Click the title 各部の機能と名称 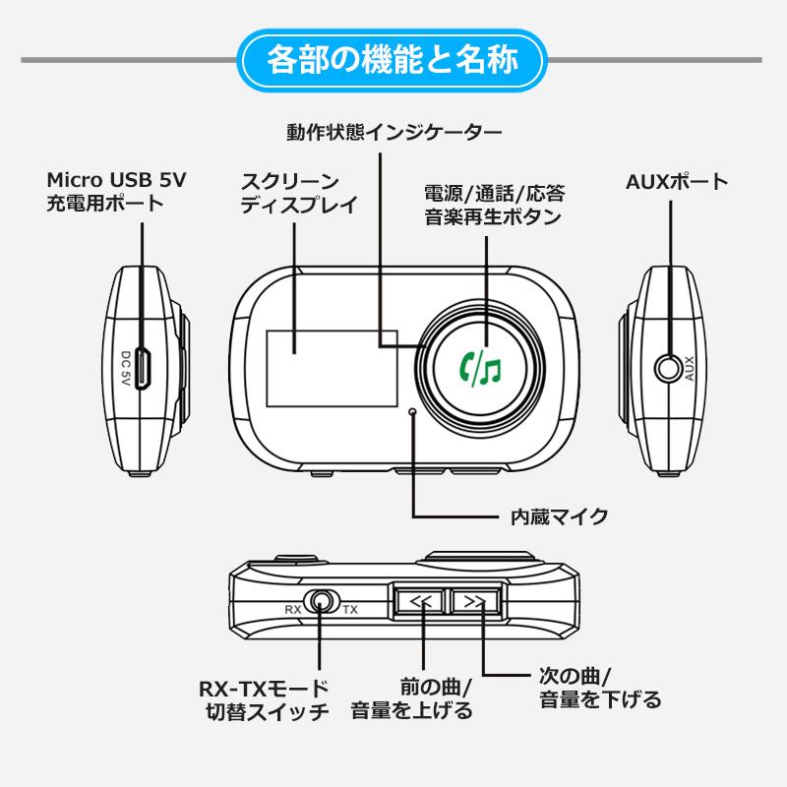[x=393, y=60]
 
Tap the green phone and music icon [x=481, y=368]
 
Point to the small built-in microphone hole [x=414, y=412]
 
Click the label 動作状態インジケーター [x=393, y=131]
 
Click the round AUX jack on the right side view [x=671, y=368]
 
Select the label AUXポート [x=677, y=182]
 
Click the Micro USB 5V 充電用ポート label [x=115, y=192]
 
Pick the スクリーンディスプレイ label [x=298, y=193]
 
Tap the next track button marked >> [x=474, y=602]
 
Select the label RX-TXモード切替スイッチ [x=264, y=699]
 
